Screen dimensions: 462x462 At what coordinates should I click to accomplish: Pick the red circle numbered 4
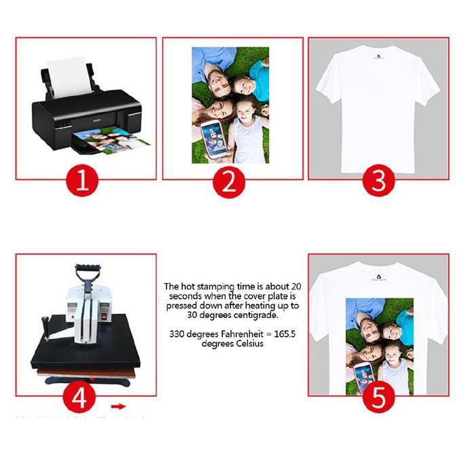coord(79,397)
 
